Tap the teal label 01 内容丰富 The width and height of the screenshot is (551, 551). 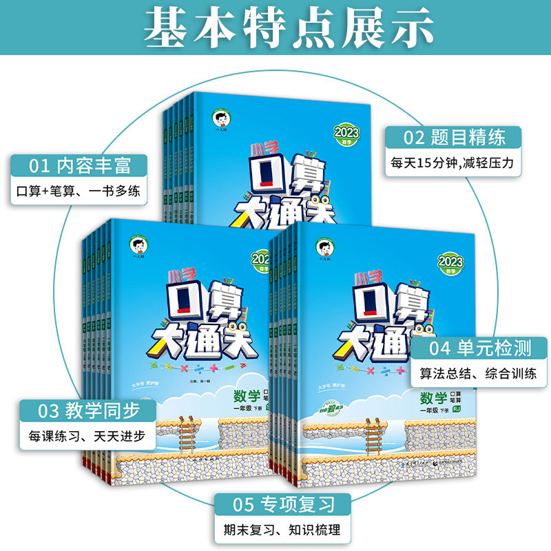80,166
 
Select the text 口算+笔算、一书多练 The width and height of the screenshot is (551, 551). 80,191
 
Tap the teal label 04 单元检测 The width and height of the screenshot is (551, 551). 480,349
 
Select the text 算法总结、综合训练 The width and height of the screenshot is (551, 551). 480,376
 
